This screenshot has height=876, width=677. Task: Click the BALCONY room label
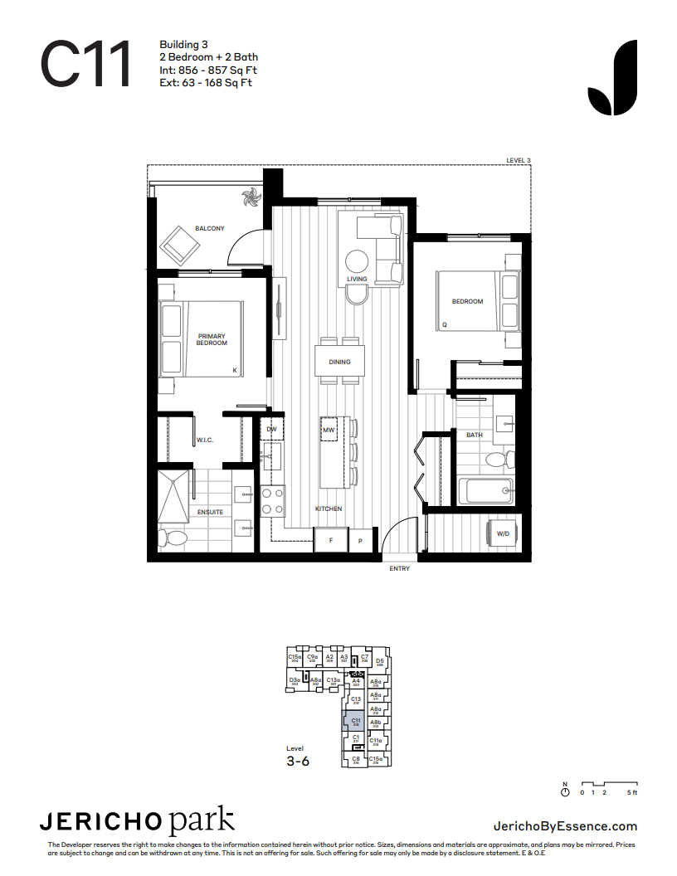pyautogui.click(x=209, y=229)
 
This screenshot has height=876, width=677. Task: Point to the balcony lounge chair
pyautogui.click(x=181, y=245)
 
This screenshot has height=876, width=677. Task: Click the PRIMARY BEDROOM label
pyautogui.click(x=212, y=339)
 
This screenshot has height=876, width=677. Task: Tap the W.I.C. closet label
pyautogui.click(x=205, y=440)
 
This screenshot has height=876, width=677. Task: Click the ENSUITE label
pyautogui.click(x=209, y=512)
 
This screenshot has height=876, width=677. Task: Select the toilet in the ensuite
pyautogui.click(x=175, y=538)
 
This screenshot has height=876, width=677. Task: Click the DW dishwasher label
pyautogui.click(x=271, y=429)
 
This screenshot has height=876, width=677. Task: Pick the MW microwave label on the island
pyautogui.click(x=329, y=430)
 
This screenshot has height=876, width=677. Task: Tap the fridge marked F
pyautogui.click(x=331, y=540)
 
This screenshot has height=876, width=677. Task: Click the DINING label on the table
pyautogui.click(x=339, y=362)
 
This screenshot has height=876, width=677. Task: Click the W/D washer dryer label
pyautogui.click(x=503, y=534)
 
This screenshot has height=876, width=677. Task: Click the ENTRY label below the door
pyautogui.click(x=400, y=569)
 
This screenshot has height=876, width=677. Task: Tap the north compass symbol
pyautogui.click(x=566, y=792)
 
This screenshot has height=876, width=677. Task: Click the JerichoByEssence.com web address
pyautogui.click(x=565, y=825)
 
